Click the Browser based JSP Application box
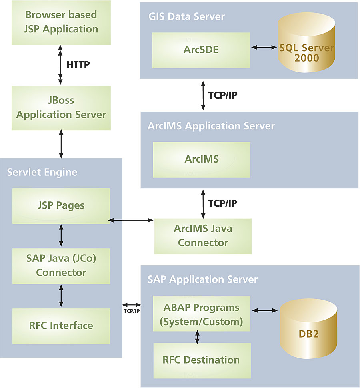[61, 22]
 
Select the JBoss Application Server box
[61, 107]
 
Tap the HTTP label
[78, 64]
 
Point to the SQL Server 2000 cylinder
[306, 48]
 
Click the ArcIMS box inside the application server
[201, 159]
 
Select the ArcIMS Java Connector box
[203, 236]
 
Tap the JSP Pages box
[61, 206]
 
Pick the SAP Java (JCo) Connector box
[61, 266]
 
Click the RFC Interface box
[61, 326]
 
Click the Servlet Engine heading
[42, 173]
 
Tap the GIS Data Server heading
[186, 16]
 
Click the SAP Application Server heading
[202, 279]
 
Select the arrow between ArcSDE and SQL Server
[264, 48]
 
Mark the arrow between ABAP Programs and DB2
[264, 310]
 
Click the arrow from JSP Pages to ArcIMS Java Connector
[132, 220]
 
